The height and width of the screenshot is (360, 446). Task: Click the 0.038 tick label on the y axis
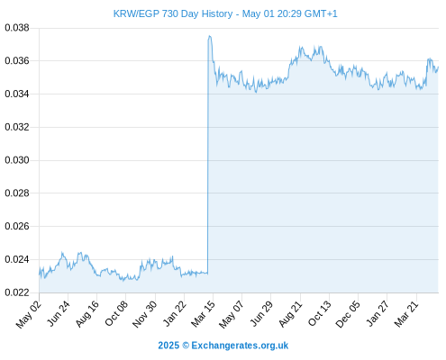17,28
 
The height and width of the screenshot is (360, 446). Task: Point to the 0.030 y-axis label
17,160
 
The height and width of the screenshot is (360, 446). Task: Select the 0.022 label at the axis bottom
17,292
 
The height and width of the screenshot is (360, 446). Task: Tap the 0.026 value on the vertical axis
17,226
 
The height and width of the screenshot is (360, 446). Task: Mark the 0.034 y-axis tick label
17,94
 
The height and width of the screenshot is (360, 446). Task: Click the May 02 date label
28,314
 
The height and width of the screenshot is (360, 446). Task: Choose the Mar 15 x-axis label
203,314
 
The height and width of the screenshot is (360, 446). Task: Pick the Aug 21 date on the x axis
290,314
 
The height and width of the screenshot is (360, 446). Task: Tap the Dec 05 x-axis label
348,314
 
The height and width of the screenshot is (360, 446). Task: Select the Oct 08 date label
116,313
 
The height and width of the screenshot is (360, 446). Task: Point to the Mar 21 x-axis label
406,314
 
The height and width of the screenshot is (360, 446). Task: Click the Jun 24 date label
59,313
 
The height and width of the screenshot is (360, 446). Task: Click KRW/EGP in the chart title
136,13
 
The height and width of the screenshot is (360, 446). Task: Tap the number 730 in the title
170,13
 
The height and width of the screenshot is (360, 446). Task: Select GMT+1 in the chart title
321,13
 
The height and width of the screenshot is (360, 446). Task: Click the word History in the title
217,14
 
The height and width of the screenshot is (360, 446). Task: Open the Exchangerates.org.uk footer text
240,346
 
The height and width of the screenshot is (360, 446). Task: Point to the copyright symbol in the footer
186,346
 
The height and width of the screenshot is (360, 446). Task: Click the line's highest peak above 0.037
210,36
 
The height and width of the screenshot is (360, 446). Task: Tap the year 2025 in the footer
168,346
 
